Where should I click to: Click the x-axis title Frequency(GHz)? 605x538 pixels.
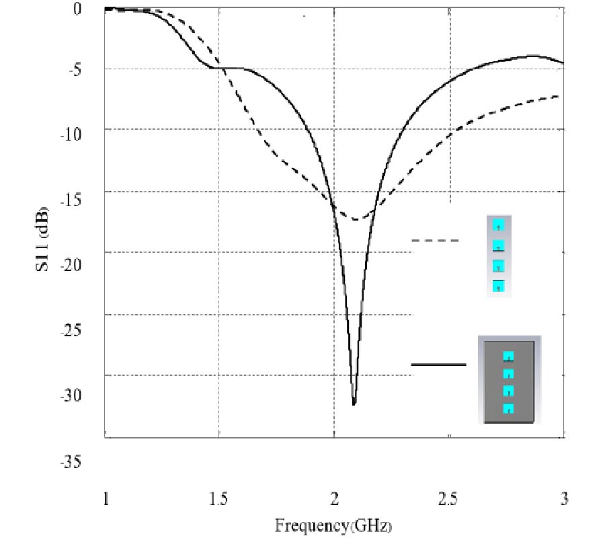(x=334, y=524)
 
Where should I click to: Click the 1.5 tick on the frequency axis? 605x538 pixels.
(x=219, y=499)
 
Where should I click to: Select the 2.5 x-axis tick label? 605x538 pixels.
(x=448, y=499)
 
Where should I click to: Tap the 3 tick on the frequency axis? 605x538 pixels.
(x=564, y=499)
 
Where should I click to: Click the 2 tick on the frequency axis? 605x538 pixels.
(x=334, y=499)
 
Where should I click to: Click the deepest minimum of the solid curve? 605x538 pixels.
(x=354, y=404)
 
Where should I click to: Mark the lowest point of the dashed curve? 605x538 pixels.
(x=355, y=219)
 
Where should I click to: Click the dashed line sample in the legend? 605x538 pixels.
(x=435, y=240)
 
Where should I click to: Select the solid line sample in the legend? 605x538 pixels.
(x=438, y=364)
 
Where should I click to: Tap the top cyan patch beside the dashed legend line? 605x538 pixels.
(x=499, y=225)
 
